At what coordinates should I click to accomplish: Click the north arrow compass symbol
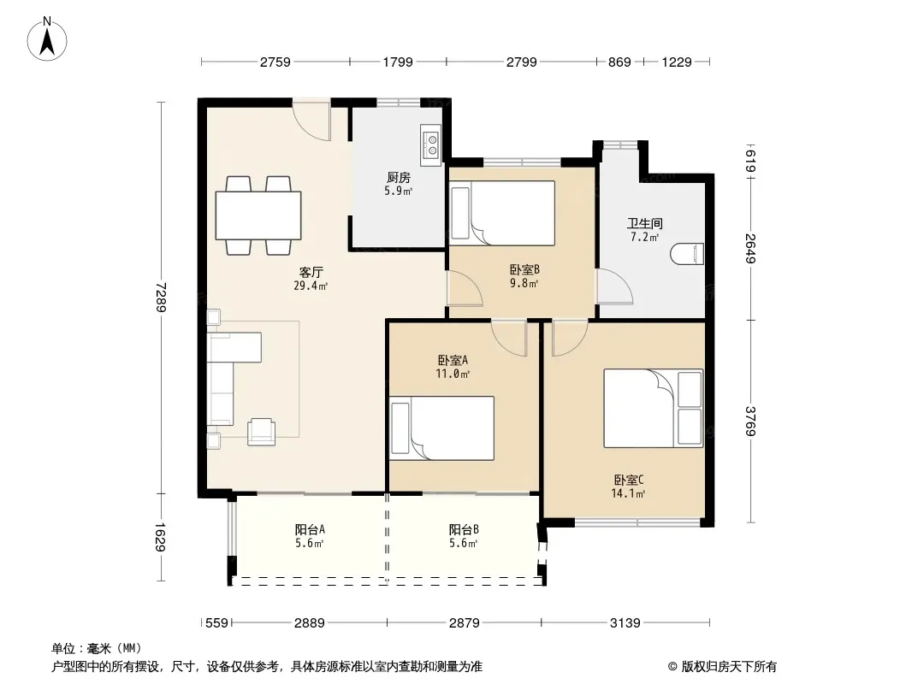point(47,39)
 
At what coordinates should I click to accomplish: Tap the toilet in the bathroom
point(687,254)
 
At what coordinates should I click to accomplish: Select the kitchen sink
point(431,144)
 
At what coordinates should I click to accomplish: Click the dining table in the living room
point(258,215)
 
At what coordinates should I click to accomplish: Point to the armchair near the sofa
point(262,432)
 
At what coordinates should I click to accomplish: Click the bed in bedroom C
point(653,408)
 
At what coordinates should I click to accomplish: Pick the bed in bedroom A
point(441,428)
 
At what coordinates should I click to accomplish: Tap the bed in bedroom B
point(502,213)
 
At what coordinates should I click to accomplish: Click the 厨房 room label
point(399,177)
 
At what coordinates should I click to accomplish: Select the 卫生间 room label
point(645,223)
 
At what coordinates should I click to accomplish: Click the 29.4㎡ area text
point(311,286)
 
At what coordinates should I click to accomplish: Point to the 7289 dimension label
point(161,297)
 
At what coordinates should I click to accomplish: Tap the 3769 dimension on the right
point(751,422)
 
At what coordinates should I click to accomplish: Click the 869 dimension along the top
point(619,62)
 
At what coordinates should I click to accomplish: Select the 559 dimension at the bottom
point(217,623)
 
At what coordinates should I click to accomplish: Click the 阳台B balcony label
point(464,529)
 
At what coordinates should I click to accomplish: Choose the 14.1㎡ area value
point(628,494)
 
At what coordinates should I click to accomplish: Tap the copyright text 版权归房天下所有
point(728,667)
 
